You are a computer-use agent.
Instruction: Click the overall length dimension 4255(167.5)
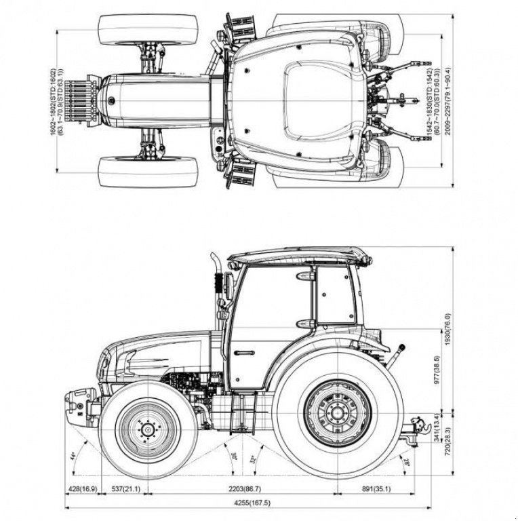252,503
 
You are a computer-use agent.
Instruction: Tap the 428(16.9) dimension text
81,488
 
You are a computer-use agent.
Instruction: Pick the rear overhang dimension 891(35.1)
376,488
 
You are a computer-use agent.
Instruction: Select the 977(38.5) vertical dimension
436,370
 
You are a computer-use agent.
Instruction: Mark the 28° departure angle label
406,463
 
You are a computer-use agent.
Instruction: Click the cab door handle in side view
243,353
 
